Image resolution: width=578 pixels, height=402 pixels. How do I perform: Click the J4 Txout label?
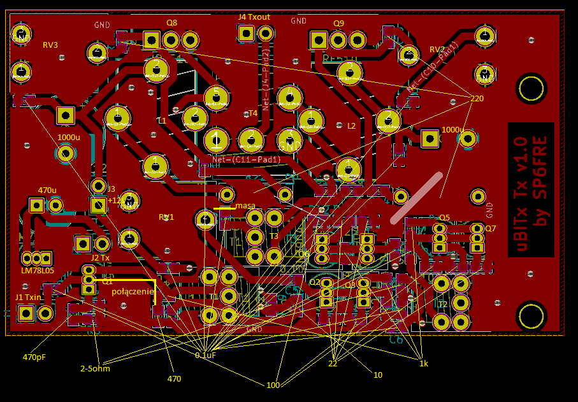254,17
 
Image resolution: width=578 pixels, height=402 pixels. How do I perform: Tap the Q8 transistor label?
171,22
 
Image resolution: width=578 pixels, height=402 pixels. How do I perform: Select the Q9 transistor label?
338,24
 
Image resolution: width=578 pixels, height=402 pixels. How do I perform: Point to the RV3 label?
50,45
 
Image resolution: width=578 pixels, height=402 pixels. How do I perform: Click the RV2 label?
437,50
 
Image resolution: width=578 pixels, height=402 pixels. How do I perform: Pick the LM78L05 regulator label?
38,271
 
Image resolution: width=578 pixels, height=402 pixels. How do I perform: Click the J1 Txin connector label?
28,298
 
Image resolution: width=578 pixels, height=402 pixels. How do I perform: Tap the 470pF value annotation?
34,357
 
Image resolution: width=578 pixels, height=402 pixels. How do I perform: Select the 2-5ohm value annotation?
95,368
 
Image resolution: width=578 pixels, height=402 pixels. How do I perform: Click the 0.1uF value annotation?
205,355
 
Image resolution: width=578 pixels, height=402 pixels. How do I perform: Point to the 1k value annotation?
423,363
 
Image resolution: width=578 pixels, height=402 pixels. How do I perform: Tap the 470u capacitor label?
47,190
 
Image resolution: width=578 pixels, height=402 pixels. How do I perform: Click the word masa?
245,206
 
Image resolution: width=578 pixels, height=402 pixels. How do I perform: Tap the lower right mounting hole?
530,316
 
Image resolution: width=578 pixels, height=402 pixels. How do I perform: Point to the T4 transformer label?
252,113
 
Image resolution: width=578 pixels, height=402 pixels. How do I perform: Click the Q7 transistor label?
490,228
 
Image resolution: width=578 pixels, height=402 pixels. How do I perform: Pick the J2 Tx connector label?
100,258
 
